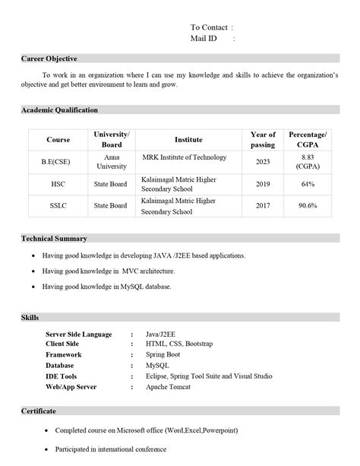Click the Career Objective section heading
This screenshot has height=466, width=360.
pos(49,59)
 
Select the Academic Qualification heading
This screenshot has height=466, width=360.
pos(59,110)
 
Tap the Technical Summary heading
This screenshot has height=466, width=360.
pos(54,239)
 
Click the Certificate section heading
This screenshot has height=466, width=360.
pos(38,411)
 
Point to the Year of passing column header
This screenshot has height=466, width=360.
pos(263,139)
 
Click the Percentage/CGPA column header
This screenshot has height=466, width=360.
pos(308,139)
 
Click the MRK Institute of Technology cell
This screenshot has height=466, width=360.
pos(185,157)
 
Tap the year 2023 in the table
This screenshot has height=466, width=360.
pos(263,161)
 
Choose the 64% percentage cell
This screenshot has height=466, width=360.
pos(308,184)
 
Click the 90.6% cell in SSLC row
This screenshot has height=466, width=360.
pos(308,206)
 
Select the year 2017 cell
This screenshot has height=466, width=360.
pos(263,206)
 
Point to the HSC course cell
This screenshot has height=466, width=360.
pos(58,184)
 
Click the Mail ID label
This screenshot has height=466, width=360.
pos(204,38)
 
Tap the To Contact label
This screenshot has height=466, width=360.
pos(209,27)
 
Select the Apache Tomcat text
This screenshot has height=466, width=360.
pos(169,387)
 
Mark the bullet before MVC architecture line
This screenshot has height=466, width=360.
pos(32,271)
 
